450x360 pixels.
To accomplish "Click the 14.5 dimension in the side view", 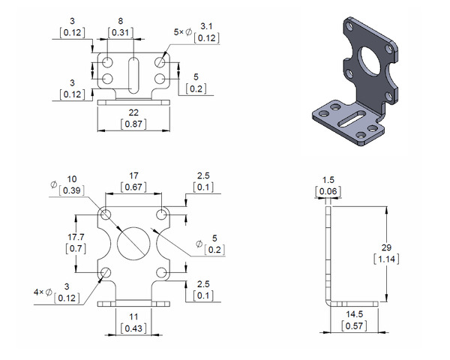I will (355, 315).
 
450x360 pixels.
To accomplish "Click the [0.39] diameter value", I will (71, 191).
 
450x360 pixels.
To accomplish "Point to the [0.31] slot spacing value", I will (121, 33).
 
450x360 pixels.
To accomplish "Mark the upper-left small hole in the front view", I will (106, 215).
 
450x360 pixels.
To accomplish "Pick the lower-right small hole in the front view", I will (163, 272).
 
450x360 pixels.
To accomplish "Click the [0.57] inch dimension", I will (355, 327).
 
